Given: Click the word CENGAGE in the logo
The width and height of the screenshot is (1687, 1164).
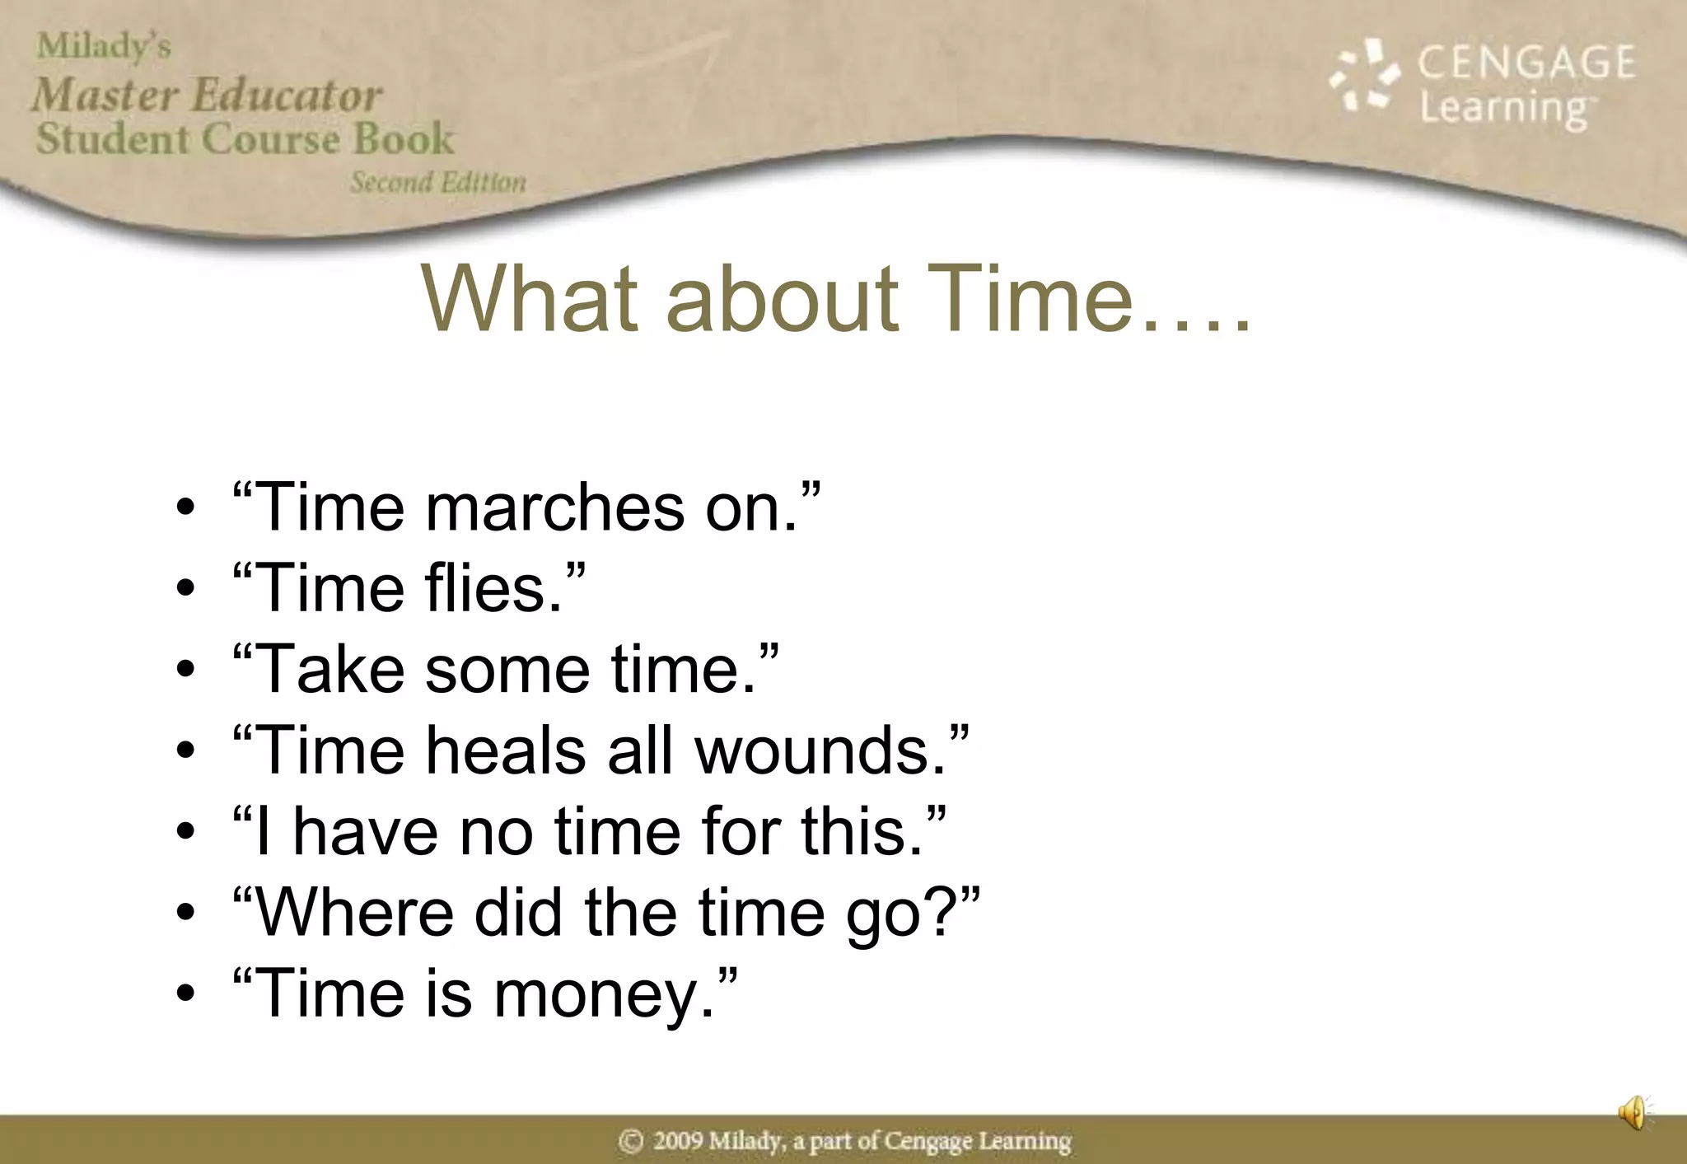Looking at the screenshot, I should point(1526,63).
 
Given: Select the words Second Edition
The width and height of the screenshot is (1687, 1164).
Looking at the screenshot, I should point(438,182).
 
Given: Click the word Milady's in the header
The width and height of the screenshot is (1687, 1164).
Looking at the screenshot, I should point(104,47).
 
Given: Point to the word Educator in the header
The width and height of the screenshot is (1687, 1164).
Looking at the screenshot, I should point(287,95).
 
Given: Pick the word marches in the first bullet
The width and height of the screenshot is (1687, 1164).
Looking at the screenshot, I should point(554,507).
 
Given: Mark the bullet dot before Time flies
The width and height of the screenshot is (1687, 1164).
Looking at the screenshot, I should point(186,588).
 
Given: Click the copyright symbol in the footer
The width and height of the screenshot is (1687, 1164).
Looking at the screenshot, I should point(631,1141).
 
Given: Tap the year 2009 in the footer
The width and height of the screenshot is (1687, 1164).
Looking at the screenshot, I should point(677,1141).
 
